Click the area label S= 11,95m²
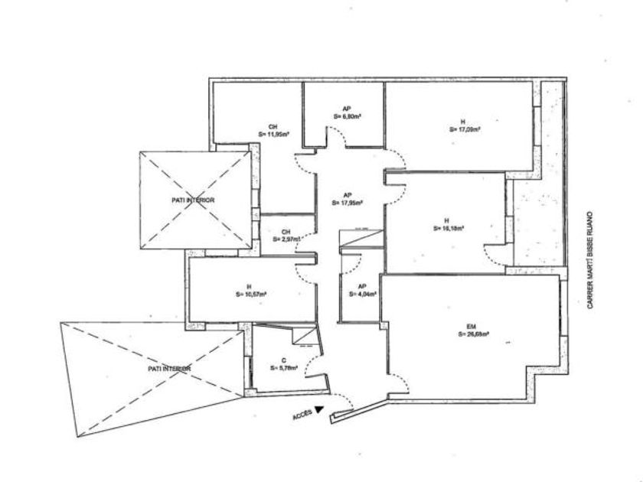pyautogui.click(x=273, y=134)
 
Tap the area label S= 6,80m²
pyautogui.click(x=348, y=117)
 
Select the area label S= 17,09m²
pyautogui.click(x=465, y=129)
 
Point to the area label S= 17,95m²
pyautogui.click(x=348, y=203)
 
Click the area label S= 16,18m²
pyautogui.click(x=449, y=227)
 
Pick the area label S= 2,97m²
pyautogui.click(x=285, y=239)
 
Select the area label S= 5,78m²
pyautogui.click(x=284, y=367)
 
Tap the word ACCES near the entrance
pyautogui.click(x=302, y=415)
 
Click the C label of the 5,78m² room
pyautogui.click(x=283, y=359)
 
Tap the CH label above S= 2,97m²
pyautogui.click(x=286, y=232)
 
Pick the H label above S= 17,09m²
pyautogui.click(x=462, y=121)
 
